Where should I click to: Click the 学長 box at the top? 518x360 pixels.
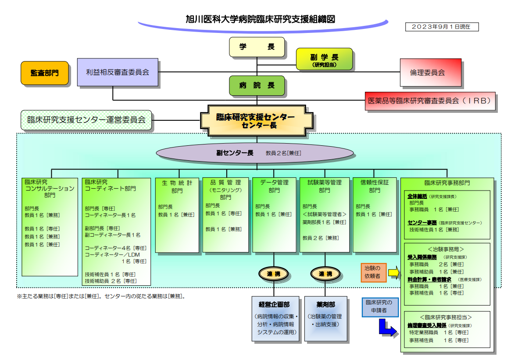(x=257, y=47)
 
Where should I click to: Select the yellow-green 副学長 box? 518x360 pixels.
(x=325, y=59)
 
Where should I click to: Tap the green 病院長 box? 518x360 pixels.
(x=257, y=86)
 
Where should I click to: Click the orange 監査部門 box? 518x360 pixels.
(x=45, y=73)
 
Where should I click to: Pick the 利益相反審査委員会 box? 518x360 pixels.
(x=118, y=72)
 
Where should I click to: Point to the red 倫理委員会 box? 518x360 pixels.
(x=430, y=73)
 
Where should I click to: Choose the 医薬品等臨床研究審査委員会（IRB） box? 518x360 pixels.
(x=430, y=101)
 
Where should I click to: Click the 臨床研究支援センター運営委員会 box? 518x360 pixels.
(x=86, y=120)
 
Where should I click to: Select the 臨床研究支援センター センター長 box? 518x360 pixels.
(x=257, y=121)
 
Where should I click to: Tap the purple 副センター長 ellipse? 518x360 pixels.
(x=255, y=153)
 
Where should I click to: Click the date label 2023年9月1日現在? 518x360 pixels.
(x=442, y=27)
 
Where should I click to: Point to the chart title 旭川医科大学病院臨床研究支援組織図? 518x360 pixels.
(x=261, y=19)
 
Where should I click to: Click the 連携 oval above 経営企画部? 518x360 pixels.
(x=274, y=274)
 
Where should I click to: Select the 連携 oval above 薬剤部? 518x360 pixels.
(x=325, y=274)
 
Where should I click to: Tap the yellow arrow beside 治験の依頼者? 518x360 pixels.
(x=394, y=273)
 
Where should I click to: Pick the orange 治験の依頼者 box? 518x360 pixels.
(x=373, y=272)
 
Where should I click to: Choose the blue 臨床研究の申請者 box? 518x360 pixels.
(x=380, y=307)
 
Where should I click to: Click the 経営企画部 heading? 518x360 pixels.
(x=274, y=304)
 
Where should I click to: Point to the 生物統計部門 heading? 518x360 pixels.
(x=177, y=187)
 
